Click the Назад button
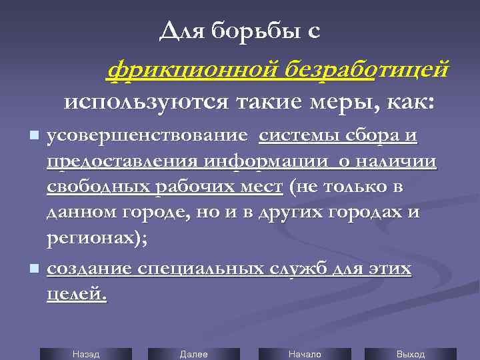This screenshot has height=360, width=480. (x=85, y=354)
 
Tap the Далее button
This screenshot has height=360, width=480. (x=194, y=354)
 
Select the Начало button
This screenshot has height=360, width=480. (x=305, y=354)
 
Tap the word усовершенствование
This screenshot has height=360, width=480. (x=147, y=136)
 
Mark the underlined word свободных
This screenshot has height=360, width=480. (x=99, y=187)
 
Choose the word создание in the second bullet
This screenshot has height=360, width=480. (x=89, y=269)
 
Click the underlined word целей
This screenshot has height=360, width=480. (x=75, y=294)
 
